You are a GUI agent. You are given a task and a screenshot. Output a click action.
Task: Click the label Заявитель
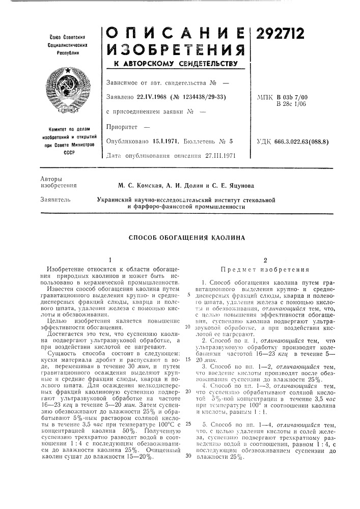[53, 200]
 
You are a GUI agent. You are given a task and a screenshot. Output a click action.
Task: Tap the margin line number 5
[189, 295]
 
